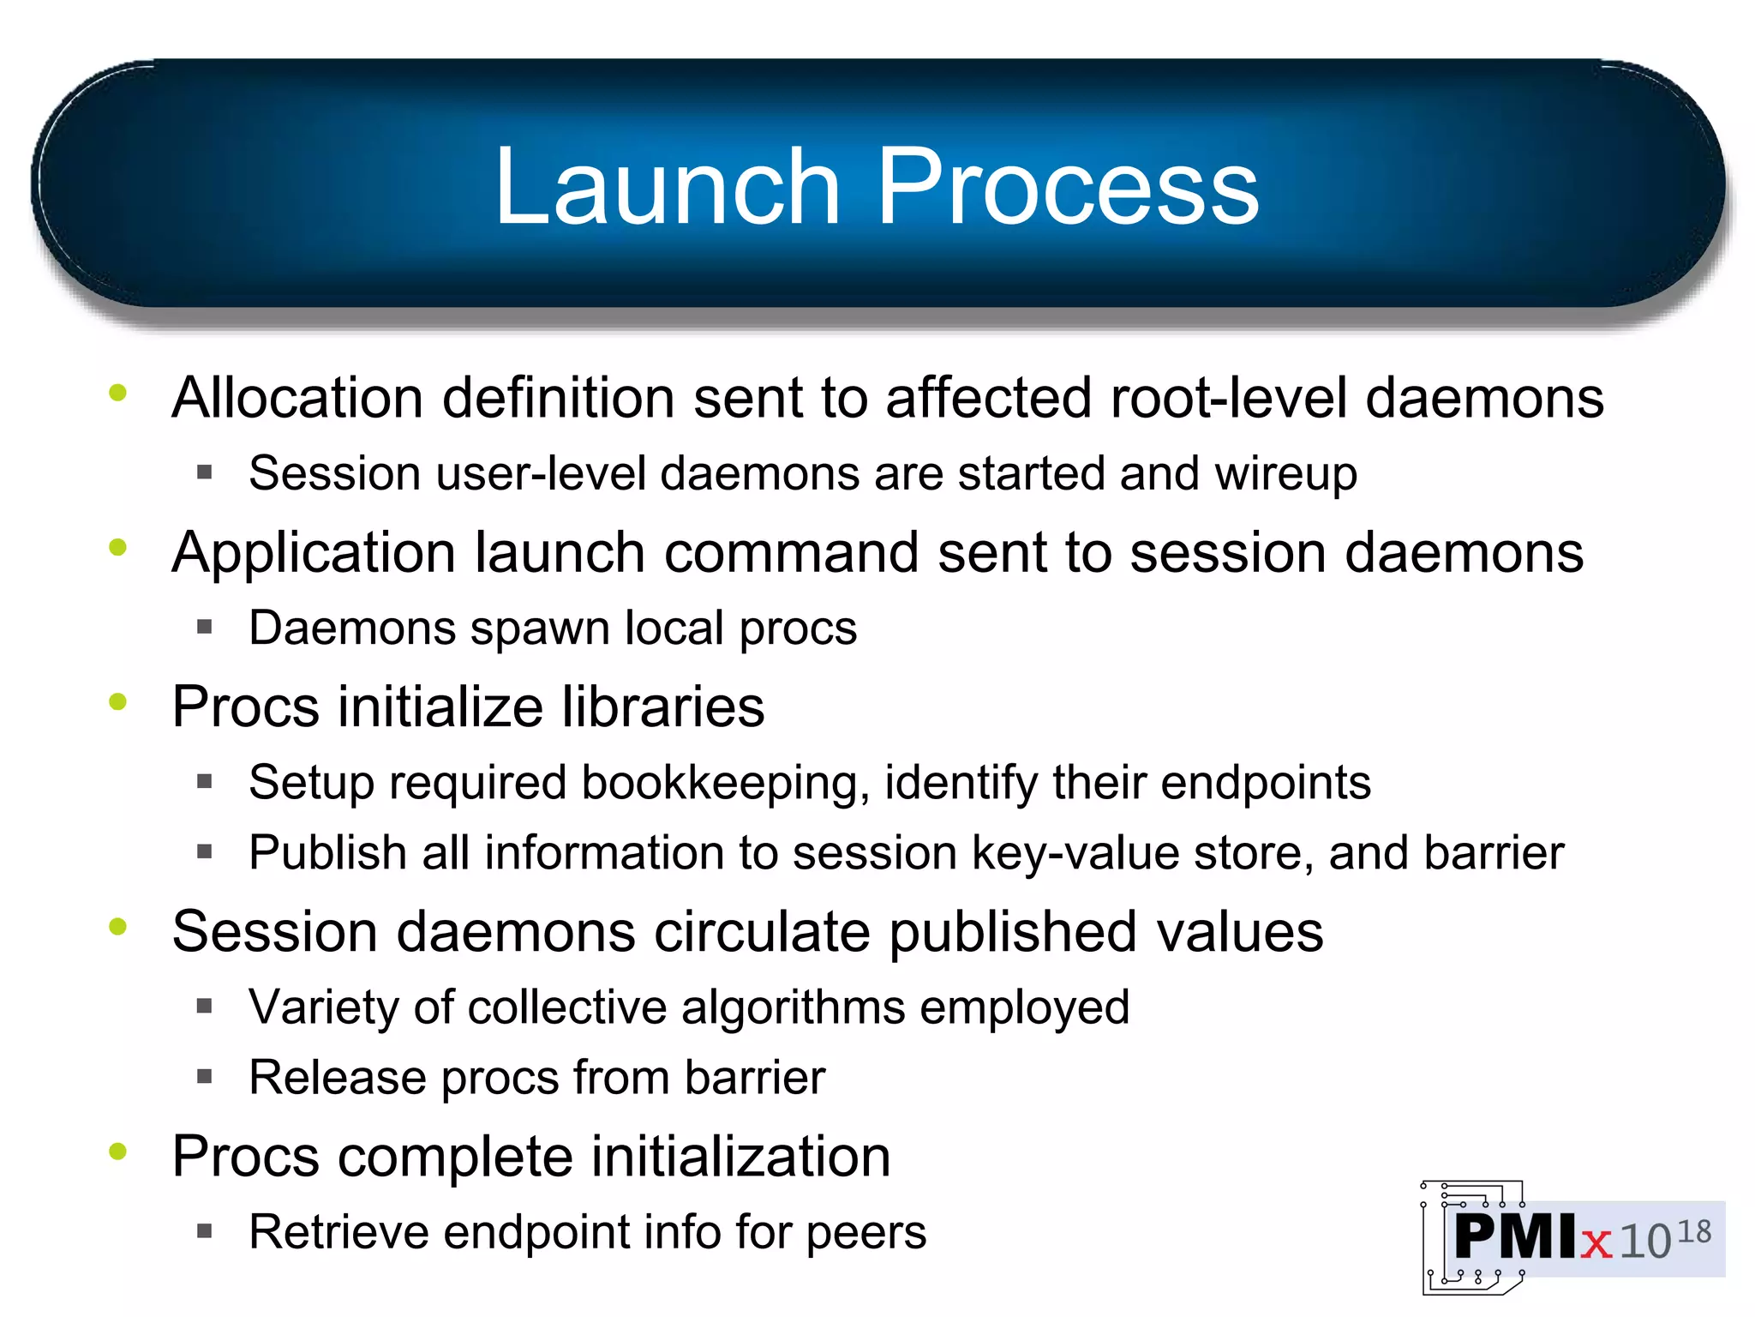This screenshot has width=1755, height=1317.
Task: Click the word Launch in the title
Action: tap(668, 186)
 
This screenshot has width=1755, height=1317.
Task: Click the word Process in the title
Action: tap(1068, 186)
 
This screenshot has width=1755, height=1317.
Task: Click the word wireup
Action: tap(1285, 474)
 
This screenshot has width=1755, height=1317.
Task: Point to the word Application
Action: tap(314, 553)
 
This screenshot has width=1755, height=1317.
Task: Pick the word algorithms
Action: tap(793, 1007)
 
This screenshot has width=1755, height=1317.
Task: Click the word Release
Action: tap(338, 1078)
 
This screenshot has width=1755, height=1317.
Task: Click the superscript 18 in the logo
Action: tap(1693, 1233)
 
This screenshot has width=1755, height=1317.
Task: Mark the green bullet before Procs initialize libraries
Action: tap(118, 702)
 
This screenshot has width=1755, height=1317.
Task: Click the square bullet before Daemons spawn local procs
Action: tap(204, 627)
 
